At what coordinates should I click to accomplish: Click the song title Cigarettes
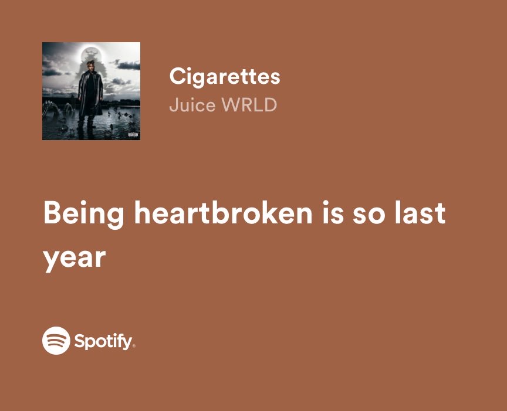pos(224,76)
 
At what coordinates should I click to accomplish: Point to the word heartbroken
pos(224,213)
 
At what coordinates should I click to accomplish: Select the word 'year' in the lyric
pos(74,258)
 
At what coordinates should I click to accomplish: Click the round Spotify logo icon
pos(56,340)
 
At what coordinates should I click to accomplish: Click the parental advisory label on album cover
pos(132,135)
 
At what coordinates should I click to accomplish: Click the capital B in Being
pos(52,213)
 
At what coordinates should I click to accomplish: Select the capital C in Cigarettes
pos(176,76)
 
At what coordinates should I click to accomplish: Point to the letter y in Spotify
pos(127,343)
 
